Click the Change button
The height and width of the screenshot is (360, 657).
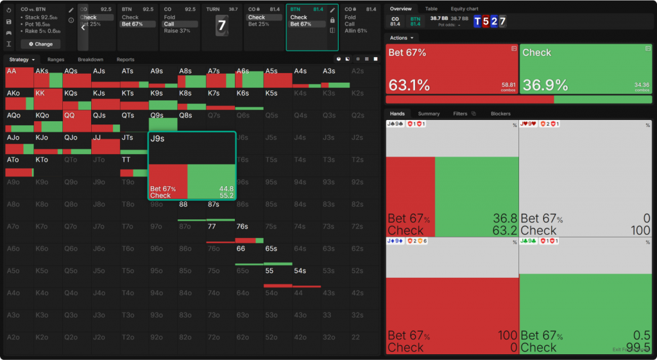(41, 44)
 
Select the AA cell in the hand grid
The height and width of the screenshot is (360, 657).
(19, 77)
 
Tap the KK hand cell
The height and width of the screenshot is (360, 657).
(48, 99)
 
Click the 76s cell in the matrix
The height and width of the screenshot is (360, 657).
(250, 230)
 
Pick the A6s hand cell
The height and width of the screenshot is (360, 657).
(250, 77)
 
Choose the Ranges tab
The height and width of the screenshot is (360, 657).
(56, 60)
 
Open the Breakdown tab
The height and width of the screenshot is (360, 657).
(90, 60)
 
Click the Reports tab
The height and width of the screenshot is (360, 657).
(126, 60)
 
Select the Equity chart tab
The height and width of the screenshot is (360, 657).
(465, 9)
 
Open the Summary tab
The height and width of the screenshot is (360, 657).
(429, 114)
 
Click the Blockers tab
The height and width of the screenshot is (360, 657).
(500, 114)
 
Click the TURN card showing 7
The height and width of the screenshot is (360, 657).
(222, 26)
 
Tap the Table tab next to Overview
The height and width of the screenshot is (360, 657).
(431, 9)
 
